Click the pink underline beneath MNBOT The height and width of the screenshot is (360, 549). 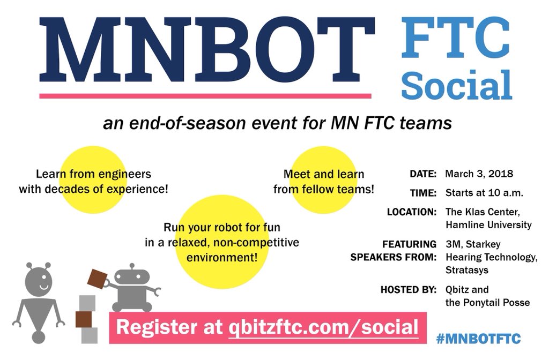[x=205, y=96]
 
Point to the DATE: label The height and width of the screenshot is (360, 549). [x=423, y=174]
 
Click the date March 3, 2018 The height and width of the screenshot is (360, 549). [x=479, y=174]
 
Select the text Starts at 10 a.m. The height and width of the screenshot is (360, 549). [x=484, y=193]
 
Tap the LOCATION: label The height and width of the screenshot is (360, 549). [x=411, y=212]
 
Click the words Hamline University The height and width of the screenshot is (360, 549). [x=488, y=225]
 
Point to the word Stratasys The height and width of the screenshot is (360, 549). [x=466, y=270]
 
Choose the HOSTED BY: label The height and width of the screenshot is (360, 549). [x=408, y=290]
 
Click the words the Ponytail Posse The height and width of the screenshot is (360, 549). [x=487, y=303]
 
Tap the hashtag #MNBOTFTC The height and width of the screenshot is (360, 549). [x=478, y=339]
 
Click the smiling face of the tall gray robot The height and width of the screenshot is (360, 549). [x=40, y=281]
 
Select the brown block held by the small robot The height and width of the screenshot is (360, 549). [x=98, y=279]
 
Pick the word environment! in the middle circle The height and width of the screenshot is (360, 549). [x=221, y=257]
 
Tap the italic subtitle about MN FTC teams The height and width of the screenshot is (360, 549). [x=277, y=123]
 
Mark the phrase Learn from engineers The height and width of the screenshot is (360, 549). [x=93, y=174]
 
